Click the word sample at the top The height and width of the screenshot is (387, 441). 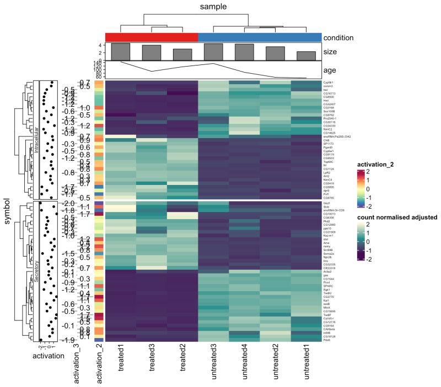tap(213, 7)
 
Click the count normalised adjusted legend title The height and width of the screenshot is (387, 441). tap(397, 217)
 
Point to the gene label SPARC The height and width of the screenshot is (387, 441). tap(329, 287)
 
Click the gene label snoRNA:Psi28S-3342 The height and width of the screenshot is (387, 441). tap(337, 136)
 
